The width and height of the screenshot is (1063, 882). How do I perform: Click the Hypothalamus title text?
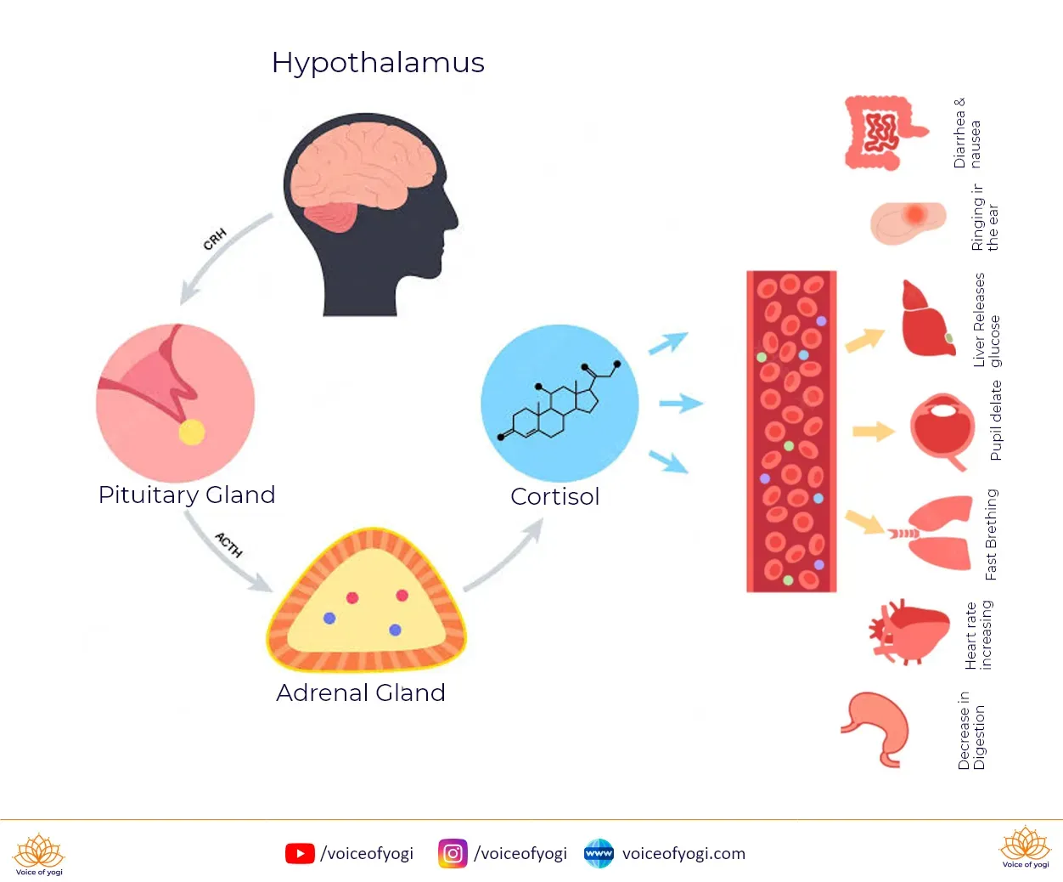click(378, 63)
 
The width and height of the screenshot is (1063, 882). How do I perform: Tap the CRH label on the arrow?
click(215, 239)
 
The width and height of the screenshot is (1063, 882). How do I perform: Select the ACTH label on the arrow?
click(228, 544)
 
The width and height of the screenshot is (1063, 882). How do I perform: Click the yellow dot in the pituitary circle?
click(191, 433)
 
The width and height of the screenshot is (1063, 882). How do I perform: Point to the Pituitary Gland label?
click(187, 495)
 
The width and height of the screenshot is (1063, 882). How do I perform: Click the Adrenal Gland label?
click(361, 693)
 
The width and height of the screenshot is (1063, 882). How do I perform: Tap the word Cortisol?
click(555, 496)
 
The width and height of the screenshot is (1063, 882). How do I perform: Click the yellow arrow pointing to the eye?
click(874, 432)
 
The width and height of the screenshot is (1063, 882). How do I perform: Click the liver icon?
click(927, 319)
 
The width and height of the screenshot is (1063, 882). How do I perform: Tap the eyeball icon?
click(942, 431)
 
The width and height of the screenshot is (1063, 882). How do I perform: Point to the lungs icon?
click(931, 533)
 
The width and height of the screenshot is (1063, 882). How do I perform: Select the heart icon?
click(908, 632)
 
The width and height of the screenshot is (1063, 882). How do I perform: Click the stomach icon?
click(876, 730)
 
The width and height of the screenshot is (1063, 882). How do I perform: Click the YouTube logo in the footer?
click(300, 853)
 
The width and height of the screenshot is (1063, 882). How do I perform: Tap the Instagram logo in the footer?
click(453, 853)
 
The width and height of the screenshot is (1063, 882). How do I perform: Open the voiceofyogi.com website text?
click(683, 853)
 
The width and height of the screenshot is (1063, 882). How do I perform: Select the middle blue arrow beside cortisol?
click(681, 404)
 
